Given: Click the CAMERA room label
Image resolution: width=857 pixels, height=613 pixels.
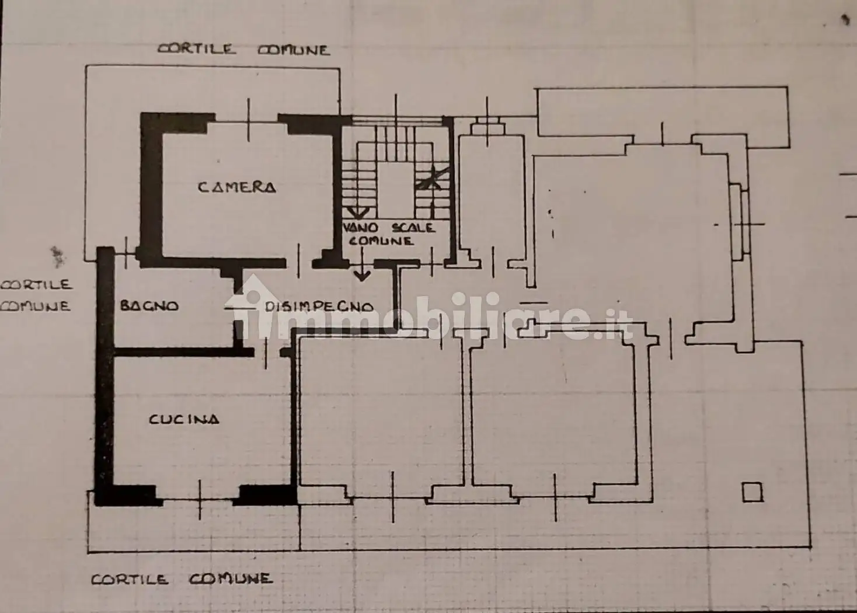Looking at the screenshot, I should [236, 187].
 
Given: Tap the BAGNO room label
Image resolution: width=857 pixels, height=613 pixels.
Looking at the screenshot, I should [149, 305].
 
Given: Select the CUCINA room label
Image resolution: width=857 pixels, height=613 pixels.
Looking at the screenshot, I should [184, 419].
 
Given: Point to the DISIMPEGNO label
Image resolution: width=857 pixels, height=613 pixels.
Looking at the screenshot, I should [319, 306].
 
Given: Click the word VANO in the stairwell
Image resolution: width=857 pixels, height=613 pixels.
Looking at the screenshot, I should [360, 228].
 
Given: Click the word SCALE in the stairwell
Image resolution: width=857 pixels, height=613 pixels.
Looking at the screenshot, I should [413, 228].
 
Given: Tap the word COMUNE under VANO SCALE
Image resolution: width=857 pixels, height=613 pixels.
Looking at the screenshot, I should [381, 241].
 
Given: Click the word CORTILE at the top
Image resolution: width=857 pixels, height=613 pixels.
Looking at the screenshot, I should [197, 48].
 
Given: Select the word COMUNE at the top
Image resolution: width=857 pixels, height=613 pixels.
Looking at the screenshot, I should [294, 50].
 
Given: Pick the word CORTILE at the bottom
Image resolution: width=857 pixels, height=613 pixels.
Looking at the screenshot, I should [130, 580].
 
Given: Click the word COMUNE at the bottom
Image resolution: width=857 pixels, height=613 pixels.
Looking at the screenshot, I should [230, 579].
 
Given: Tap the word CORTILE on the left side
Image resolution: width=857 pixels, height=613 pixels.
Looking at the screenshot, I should [36, 285].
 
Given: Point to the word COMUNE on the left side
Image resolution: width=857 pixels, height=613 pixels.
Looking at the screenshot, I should [35, 306].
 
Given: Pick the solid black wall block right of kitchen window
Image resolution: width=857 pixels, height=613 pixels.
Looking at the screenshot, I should [266, 495].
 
